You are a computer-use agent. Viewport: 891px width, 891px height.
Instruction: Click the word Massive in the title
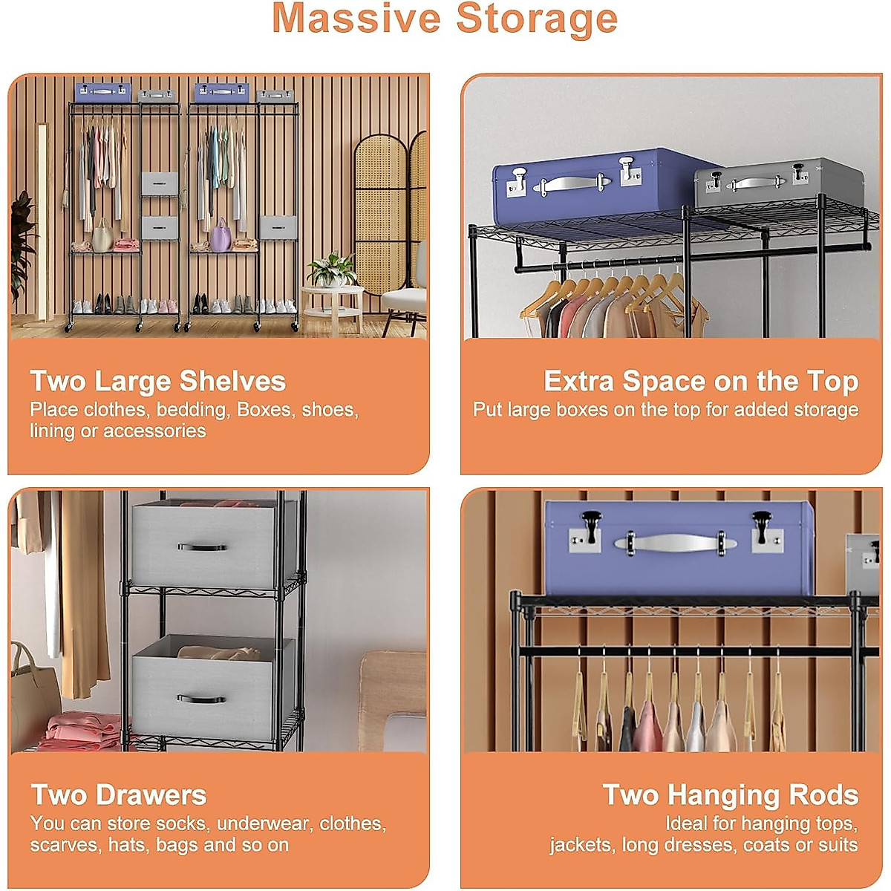357,18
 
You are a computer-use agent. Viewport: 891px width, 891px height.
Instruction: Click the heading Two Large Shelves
157,381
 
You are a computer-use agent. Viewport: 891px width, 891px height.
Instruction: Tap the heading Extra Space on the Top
701,381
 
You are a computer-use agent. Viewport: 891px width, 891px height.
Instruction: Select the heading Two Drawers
119,794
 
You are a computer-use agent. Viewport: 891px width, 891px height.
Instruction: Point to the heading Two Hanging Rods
731,794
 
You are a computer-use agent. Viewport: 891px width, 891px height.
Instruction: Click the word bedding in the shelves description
191,410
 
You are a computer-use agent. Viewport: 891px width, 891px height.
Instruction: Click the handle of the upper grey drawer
202,548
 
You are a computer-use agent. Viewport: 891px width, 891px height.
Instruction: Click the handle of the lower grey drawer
201,699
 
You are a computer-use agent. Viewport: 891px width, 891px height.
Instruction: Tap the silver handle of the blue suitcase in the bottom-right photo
675,544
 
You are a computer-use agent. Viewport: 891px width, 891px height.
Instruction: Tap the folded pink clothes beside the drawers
82,731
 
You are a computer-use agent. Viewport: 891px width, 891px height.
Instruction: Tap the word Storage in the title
536,18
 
